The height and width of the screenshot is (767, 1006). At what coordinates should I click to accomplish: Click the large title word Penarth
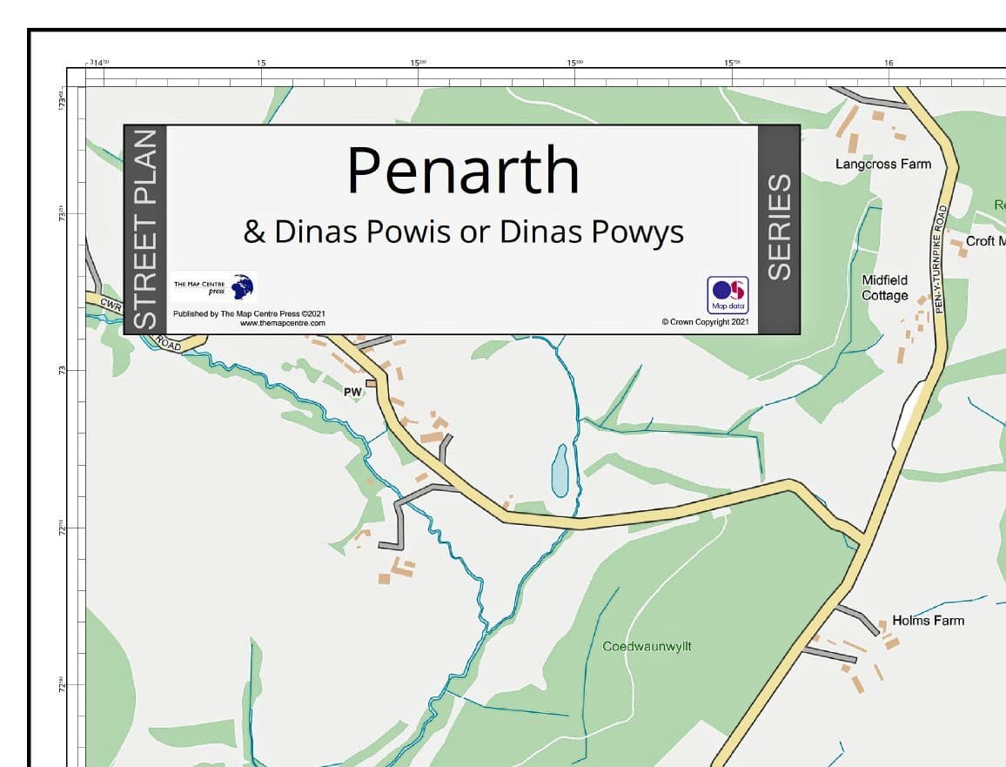(x=462, y=172)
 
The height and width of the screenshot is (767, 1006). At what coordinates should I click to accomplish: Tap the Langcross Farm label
(x=882, y=164)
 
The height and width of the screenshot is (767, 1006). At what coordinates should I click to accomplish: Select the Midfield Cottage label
(x=884, y=287)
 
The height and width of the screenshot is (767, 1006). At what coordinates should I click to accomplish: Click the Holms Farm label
(x=928, y=621)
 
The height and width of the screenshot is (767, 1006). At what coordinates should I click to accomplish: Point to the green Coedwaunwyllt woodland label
(x=647, y=647)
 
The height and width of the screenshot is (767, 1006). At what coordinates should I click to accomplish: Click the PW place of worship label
(x=352, y=393)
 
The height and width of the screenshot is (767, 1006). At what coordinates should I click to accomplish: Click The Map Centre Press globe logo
(x=243, y=286)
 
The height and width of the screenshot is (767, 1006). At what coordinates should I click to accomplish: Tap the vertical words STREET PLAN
(x=145, y=228)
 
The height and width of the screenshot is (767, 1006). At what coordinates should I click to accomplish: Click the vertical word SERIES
(x=779, y=227)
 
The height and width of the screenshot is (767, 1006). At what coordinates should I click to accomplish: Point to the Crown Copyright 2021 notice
(x=705, y=322)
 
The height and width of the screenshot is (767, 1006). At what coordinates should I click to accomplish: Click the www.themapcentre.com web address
(x=282, y=323)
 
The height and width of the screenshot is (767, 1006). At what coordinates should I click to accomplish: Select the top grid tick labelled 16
(x=889, y=63)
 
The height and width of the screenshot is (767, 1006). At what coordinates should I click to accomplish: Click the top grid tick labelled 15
(x=261, y=63)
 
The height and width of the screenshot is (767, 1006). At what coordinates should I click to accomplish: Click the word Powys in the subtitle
(x=637, y=232)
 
